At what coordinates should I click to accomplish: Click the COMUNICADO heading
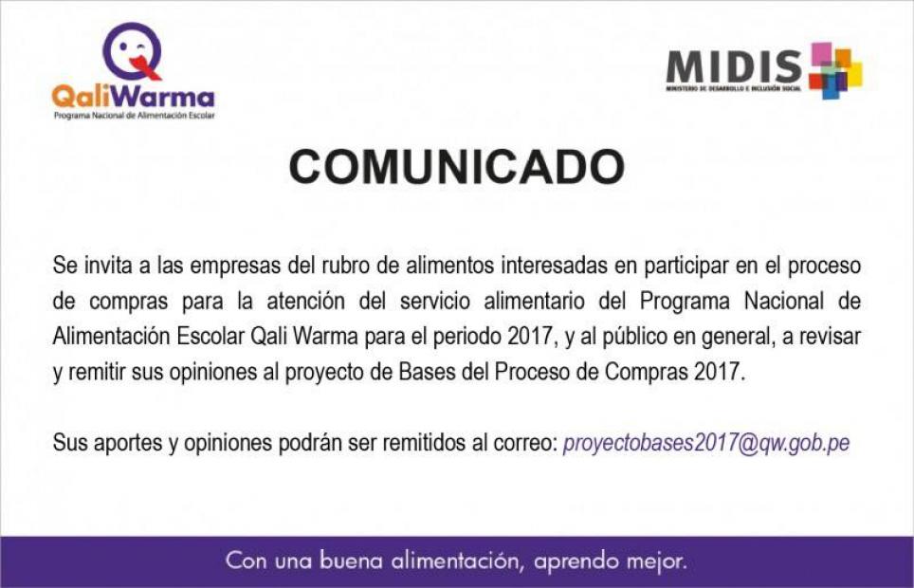[457, 167]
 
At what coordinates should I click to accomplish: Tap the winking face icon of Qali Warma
[133, 52]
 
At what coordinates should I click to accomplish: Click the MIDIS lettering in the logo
[735, 67]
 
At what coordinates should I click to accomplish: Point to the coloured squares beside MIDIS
[834, 70]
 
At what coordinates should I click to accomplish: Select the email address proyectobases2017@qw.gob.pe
[706, 443]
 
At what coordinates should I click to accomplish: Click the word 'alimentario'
[534, 301]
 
